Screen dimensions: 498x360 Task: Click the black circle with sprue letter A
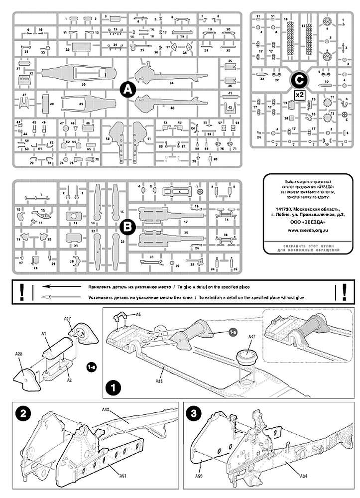pos(128,90)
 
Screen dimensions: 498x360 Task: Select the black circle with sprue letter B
pos(128,227)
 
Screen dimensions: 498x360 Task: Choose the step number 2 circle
pos(21,413)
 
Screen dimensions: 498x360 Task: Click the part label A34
pos(303,477)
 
